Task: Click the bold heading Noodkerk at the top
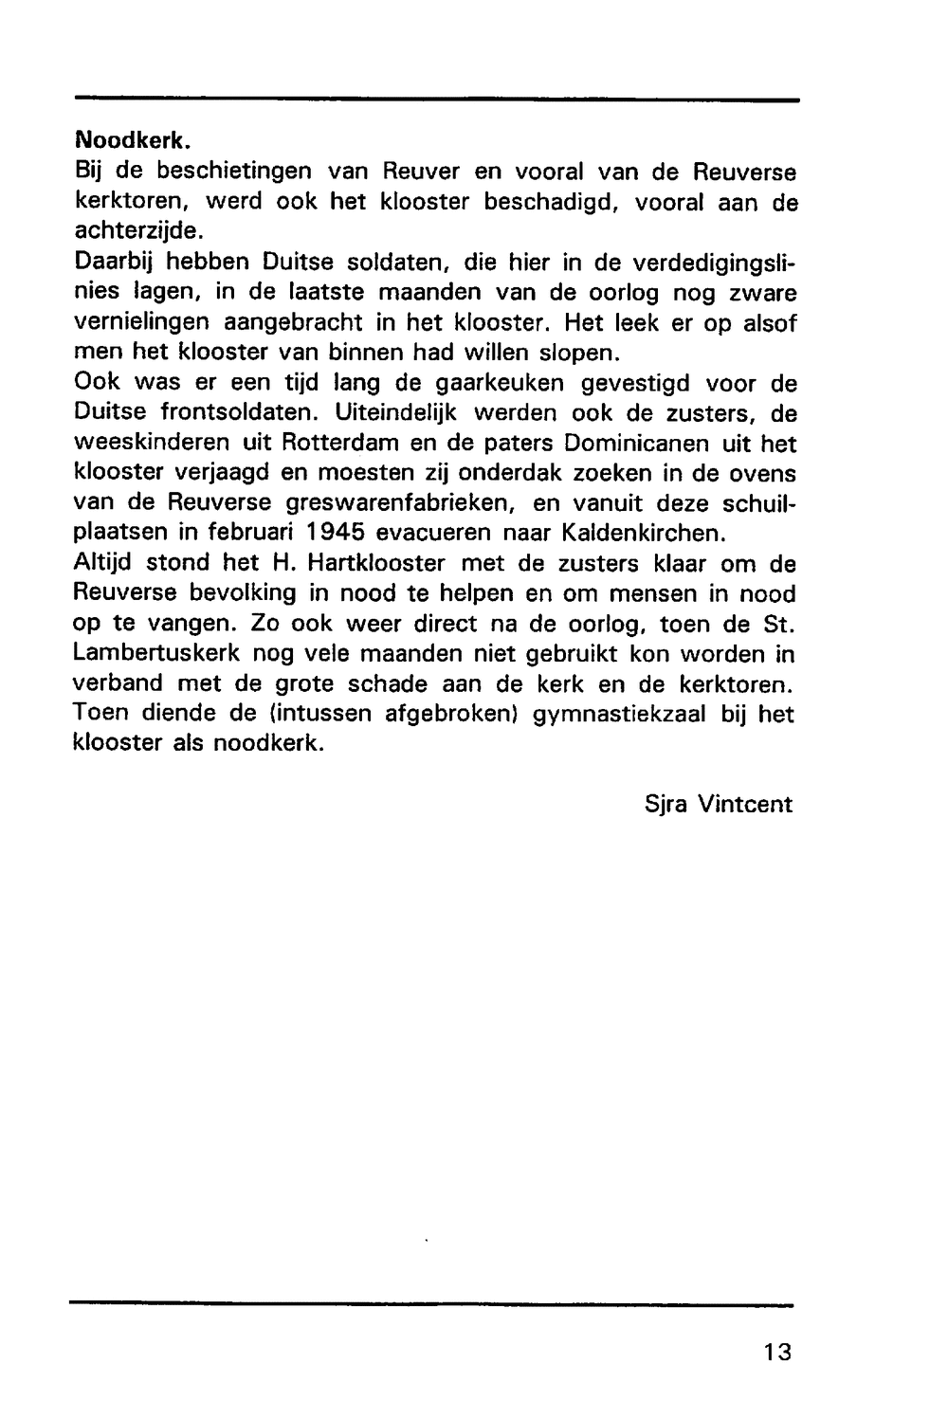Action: click(x=133, y=142)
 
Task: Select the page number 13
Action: click(x=775, y=1351)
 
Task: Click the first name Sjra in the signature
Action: click(x=665, y=805)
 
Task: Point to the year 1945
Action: click(x=334, y=532)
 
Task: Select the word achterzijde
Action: click(x=138, y=231)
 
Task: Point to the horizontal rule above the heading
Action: click(x=436, y=100)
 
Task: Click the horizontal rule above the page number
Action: click(x=431, y=1305)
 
